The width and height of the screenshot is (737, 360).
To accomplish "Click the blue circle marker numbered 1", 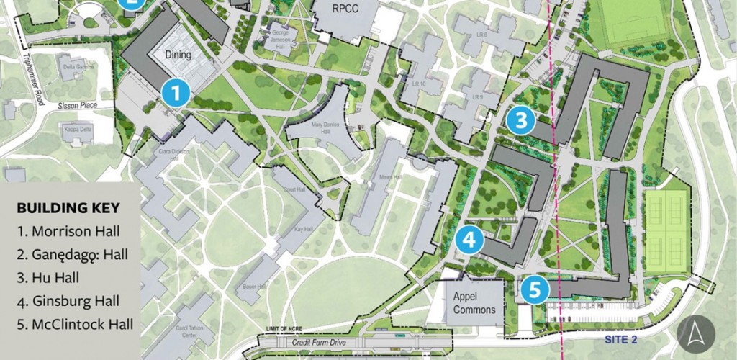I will click(x=176, y=93).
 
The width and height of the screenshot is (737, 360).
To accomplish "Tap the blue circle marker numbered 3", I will click(x=520, y=120).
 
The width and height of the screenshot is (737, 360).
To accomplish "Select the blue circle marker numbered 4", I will click(x=470, y=240).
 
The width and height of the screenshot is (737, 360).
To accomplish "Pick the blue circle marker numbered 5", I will click(x=535, y=289).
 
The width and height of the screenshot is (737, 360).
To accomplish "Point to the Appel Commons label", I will click(x=474, y=302).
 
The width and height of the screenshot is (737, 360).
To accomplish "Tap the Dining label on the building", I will click(x=178, y=55).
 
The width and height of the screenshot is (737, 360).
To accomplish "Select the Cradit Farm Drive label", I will click(x=317, y=342).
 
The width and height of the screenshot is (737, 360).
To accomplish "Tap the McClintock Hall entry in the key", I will click(x=75, y=324).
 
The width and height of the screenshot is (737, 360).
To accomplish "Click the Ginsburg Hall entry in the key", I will click(x=68, y=301).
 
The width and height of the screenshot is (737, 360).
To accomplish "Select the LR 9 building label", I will click(x=476, y=96).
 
